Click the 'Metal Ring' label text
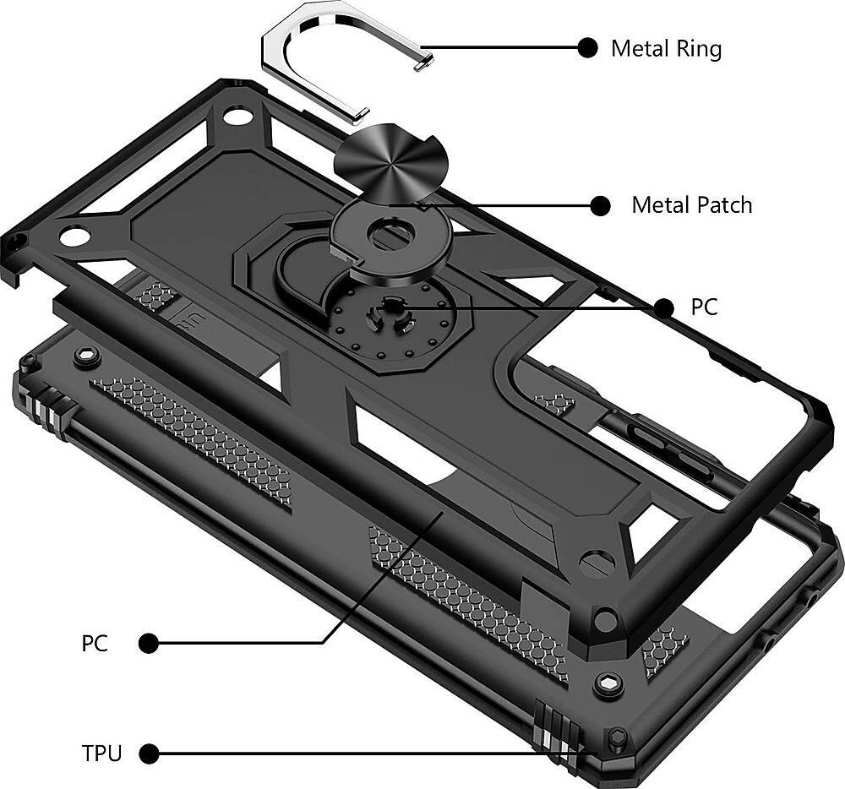coord(666,48)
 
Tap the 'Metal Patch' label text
coord(691,205)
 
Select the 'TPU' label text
coord(101,753)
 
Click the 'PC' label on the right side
coord(704,307)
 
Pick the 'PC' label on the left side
coord(95,644)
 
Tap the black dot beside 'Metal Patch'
coord(600,205)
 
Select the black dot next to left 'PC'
coord(149,644)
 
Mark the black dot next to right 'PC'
coord(665,308)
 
